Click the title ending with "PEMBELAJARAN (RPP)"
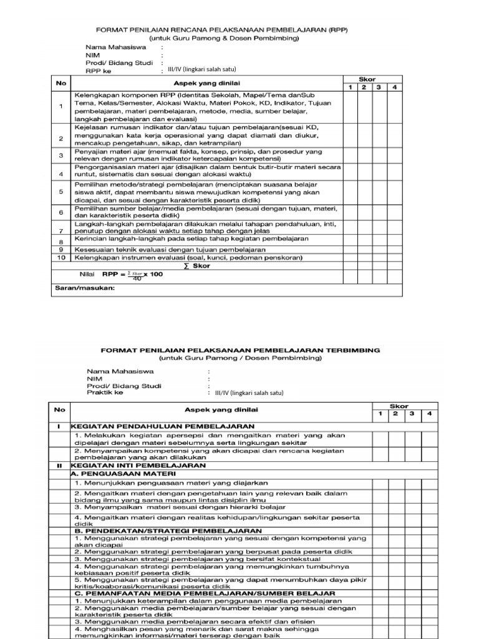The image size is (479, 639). (221, 29)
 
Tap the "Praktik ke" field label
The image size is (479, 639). (105, 393)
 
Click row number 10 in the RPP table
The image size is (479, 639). (60, 257)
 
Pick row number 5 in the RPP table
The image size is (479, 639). (60, 192)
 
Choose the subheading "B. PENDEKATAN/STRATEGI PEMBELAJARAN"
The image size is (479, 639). (156, 530)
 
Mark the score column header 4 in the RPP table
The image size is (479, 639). (394, 87)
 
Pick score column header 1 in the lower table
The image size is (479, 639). (380, 414)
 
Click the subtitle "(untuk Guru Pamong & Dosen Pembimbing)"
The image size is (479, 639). (221, 38)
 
